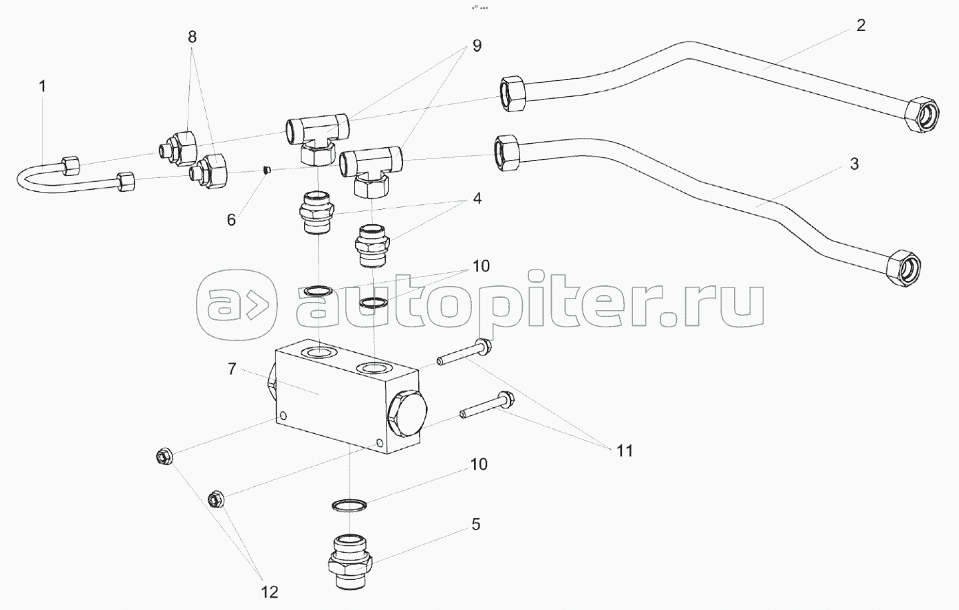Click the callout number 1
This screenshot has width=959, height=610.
pyautogui.click(x=43, y=87)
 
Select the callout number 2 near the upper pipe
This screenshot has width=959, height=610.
pyautogui.click(x=861, y=26)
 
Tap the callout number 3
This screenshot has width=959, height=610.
pyautogui.click(x=854, y=164)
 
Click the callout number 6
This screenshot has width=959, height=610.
pyautogui.click(x=231, y=219)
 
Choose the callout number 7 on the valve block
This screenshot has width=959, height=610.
pyautogui.click(x=233, y=370)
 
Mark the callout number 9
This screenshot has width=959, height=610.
pyautogui.click(x=476, y=46)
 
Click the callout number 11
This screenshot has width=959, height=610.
pyautogui.click(x=625, y=450)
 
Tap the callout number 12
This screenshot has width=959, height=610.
pyautogui.click(x=268, y=591)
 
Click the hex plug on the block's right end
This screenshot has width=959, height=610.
pyautogui.click(x=405, y=419)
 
